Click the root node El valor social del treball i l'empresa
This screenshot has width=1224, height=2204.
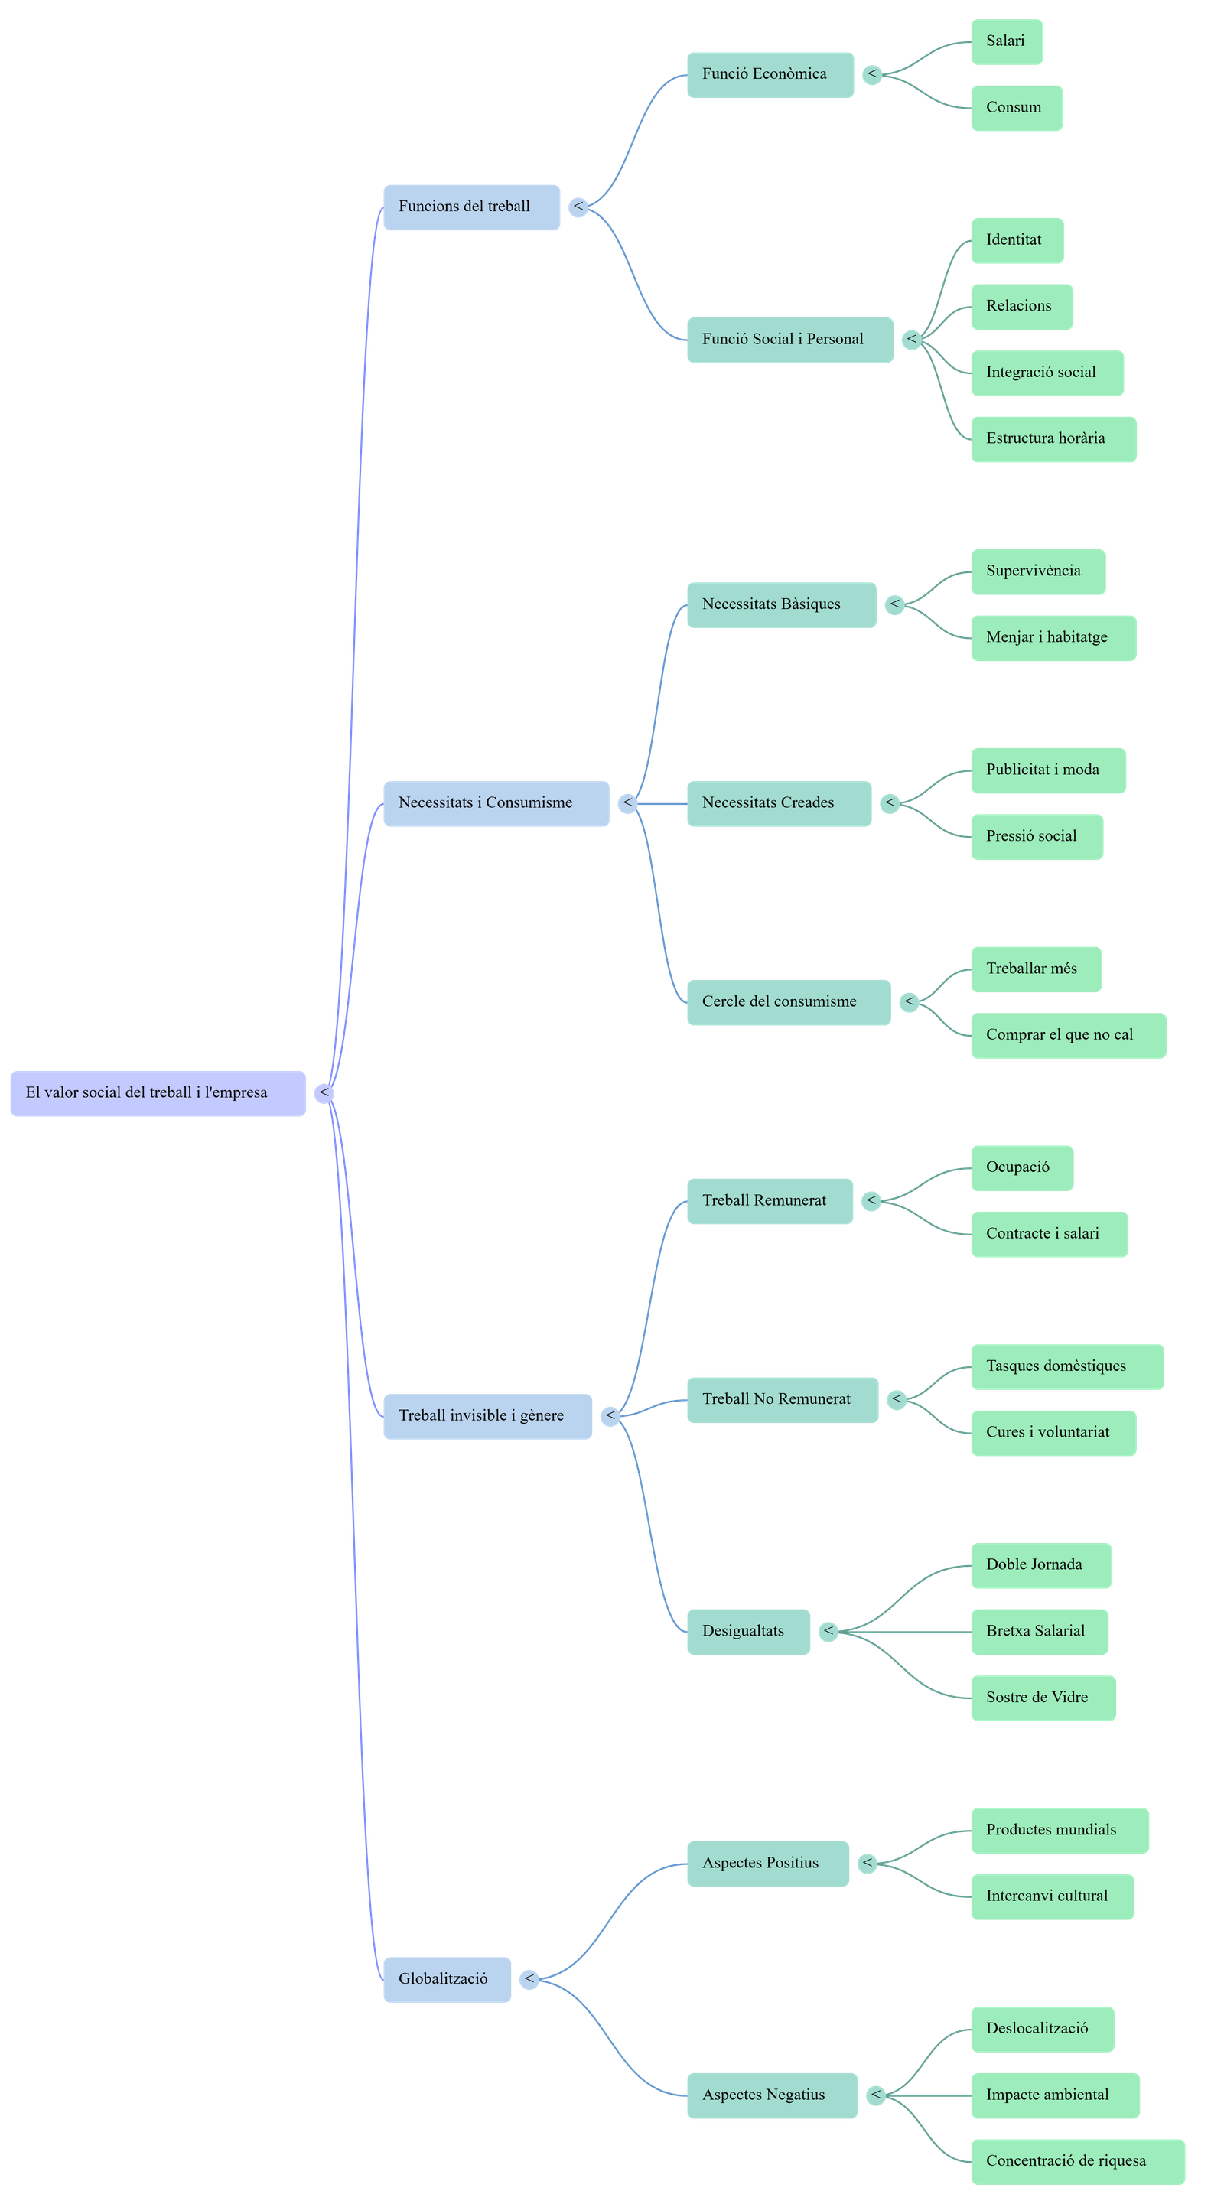[158, 1093]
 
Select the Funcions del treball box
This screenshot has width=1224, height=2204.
[471, 207]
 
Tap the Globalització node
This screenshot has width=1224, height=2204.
[447, 1979]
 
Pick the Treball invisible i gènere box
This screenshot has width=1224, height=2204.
[487, 1416]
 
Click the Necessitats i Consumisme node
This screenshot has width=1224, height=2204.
[496, 803]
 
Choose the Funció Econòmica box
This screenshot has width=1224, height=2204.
[770, 74]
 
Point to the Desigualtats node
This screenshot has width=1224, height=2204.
[748, 1632]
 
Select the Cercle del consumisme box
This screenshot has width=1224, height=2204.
[789, 1002]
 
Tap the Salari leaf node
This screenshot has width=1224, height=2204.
[1006, 42]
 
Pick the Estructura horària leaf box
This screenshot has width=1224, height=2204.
[1053, 439]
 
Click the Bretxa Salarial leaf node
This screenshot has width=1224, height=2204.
[1039, 1632]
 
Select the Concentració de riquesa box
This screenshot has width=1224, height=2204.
[1077, 2161]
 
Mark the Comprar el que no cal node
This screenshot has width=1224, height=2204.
[1067, 1035]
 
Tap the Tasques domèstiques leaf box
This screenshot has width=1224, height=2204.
[1066, 1366]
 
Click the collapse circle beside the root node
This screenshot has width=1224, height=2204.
[324, 1093]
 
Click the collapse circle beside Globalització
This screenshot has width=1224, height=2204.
[529, 1979]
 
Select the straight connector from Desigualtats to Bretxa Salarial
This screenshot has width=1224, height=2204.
[907, 1632]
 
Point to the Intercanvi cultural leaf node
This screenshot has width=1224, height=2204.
[1052, 1896]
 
